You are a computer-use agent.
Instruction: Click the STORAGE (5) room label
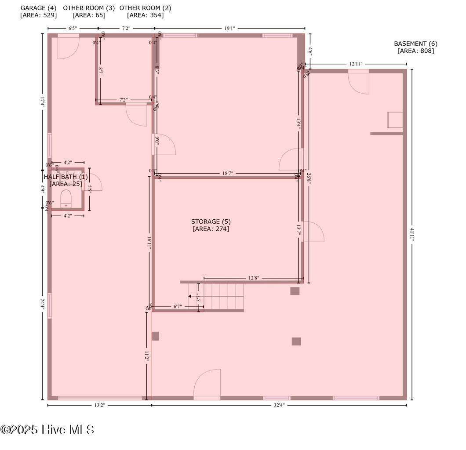click(x=211, y=221)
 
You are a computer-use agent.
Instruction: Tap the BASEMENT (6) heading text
click(x=415, y=44)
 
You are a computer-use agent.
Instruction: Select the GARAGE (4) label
click(x=38, y=8)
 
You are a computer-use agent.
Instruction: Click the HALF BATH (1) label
click(x=66, y=177)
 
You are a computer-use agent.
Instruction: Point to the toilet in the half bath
click(x=66, y=198)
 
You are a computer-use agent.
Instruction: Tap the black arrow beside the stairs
click(x=190, y=296)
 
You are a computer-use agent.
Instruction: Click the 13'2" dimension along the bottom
click(x=99, y=406)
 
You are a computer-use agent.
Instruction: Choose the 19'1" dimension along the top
click(x=229, y=29)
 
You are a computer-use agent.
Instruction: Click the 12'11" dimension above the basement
click(x=356, y=64)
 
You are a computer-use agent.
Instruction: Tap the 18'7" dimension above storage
click(x=227, y=174)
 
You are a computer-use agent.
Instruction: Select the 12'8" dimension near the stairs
click(x=254, y=278)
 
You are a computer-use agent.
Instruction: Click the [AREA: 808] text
click(x=415, y=51)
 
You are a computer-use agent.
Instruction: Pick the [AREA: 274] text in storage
click(x=211, y=229)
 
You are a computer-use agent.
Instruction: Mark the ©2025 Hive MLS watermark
click(x=47, y=429)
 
